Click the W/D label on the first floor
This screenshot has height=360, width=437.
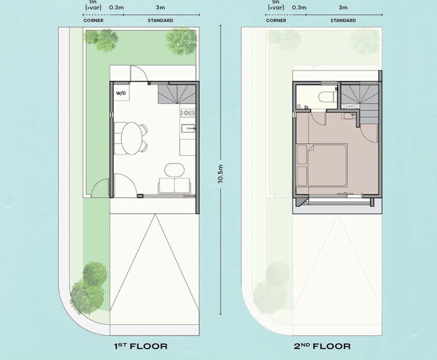121,93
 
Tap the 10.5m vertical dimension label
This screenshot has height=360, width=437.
221,174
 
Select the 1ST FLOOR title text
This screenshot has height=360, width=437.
141,346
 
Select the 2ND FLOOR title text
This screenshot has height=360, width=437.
322,346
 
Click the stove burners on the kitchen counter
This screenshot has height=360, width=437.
188,113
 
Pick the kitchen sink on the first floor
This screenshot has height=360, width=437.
188,128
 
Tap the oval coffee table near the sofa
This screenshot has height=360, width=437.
174,170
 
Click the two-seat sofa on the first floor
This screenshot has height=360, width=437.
174,186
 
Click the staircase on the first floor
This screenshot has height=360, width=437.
176,94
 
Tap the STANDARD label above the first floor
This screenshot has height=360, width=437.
160,20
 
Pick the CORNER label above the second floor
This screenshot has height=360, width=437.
276,20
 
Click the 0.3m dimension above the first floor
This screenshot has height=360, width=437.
116,8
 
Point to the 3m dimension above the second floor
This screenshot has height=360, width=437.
343,8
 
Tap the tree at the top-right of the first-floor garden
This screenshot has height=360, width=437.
181,41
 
